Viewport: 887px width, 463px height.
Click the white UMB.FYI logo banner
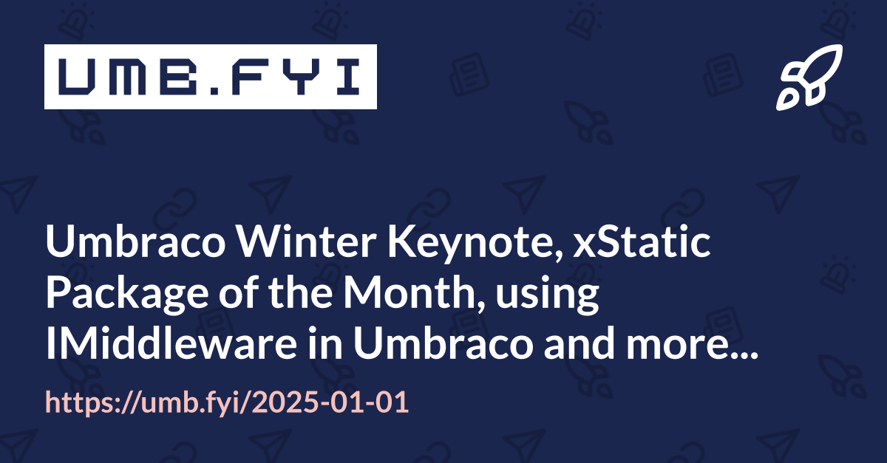[x=210, y=77]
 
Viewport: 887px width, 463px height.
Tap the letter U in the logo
[x=77, y=77]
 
